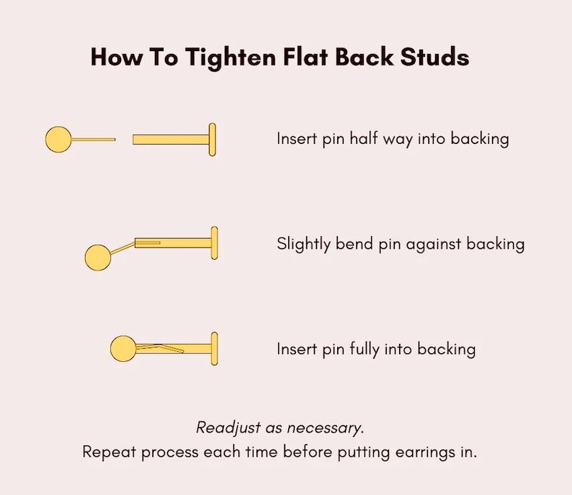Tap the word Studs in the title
click(x=434, y=56)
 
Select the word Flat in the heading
click(x=305, y=56)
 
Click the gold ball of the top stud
click(x=58, y=139)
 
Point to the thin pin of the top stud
click(x=94, y=139)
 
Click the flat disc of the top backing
click(x=213, y=140)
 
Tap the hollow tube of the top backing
click(x=171, y=140)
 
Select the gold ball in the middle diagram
click(x=98, y=258)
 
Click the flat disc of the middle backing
click(x=215, y=243)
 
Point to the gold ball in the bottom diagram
click(x=123, y=348)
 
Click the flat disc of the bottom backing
click(x=215, y=348)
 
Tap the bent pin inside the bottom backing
click(x=160, y=348)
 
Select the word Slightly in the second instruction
click(x=303, y=244)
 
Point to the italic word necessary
click(x=326, y=428)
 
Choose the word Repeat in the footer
click(x=110, y=453)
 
